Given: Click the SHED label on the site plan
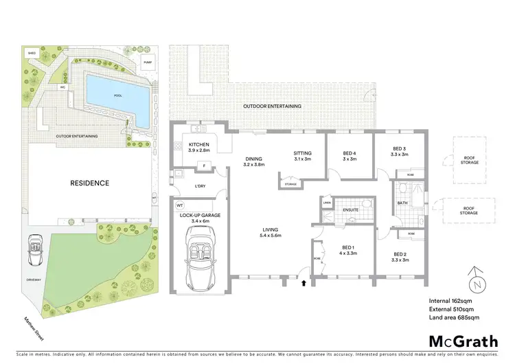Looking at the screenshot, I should pyautogui.click(x=32, y=52).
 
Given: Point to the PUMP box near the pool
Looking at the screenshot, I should pyautogui.click(x=148, y=63).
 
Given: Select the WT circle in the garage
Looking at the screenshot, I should pyautogui.click(x=179, y=205).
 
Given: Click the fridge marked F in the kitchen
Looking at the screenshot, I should pyautogui.click(x=204, y=165).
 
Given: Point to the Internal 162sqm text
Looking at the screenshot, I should pyautogui.click(x=450, y=300).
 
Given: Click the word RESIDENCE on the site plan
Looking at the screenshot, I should pyautogui.click(x=89, y=183).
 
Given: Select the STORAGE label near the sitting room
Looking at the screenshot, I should pyautogui.click(x=290, y=183).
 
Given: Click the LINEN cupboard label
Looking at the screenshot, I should pyautogui.click(x=328, y=203).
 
